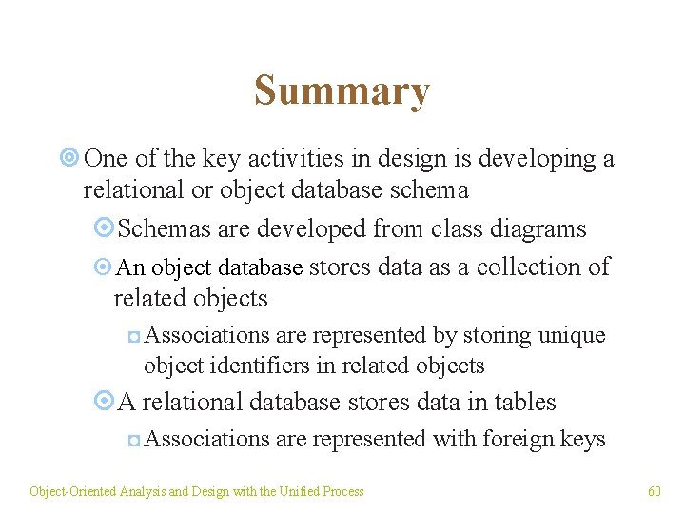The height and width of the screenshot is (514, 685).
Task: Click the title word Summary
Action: [x=342, y=91]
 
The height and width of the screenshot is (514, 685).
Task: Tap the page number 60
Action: [x=655, y=491]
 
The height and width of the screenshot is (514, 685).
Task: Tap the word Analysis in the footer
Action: [x=143, y=491]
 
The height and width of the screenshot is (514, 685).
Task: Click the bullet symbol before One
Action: [x=68, y=159]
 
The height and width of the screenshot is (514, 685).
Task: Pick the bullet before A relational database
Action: [x=105, y=402]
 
